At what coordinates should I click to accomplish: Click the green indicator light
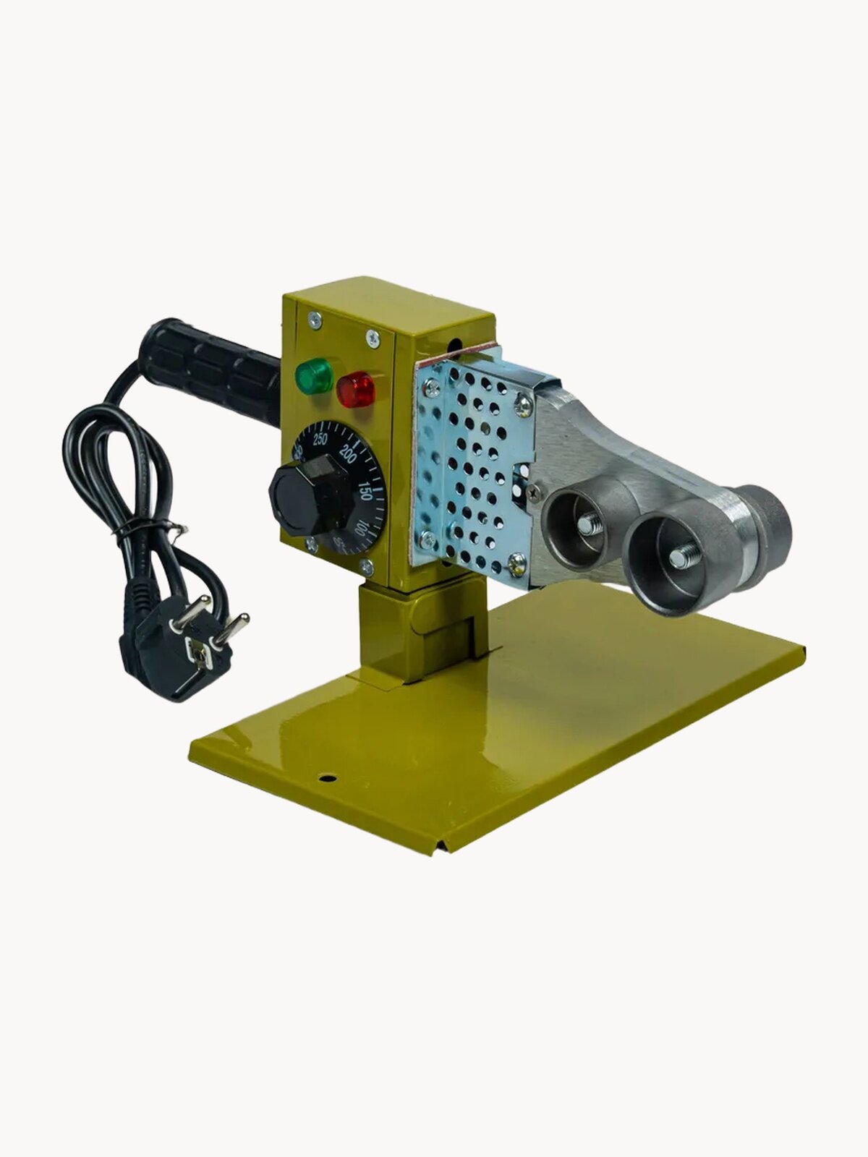click(313, 376)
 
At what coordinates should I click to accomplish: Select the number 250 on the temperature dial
click(320, 438)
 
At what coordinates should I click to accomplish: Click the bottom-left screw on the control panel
click(311, 545)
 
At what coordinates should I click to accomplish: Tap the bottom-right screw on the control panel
click(367, 567)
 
